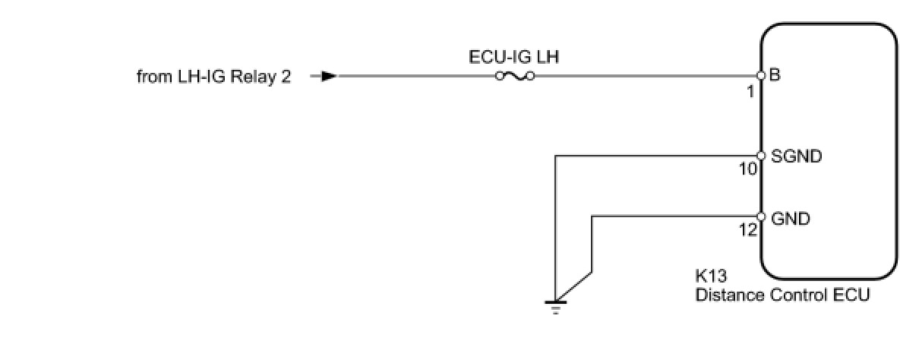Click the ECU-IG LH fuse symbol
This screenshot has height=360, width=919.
point(514,76)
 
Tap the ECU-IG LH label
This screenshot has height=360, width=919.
point(515,56)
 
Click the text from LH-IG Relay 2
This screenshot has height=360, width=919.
point(213,77)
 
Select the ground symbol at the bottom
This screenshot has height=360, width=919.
point(555,305)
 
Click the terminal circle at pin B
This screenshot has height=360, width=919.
point(760,76)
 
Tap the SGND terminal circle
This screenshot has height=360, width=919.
point(760,156)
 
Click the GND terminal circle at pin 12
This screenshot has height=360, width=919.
point(760,216)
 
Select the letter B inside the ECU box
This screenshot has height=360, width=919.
point(775,76)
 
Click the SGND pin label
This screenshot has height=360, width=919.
point(797,157)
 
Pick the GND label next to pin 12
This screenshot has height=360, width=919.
point(790,219)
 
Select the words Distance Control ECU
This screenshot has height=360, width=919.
point(782,295)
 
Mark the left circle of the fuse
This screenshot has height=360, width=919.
point(498,76)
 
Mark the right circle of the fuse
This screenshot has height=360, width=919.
point(531,76)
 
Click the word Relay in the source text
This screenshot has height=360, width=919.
point(256,77)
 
